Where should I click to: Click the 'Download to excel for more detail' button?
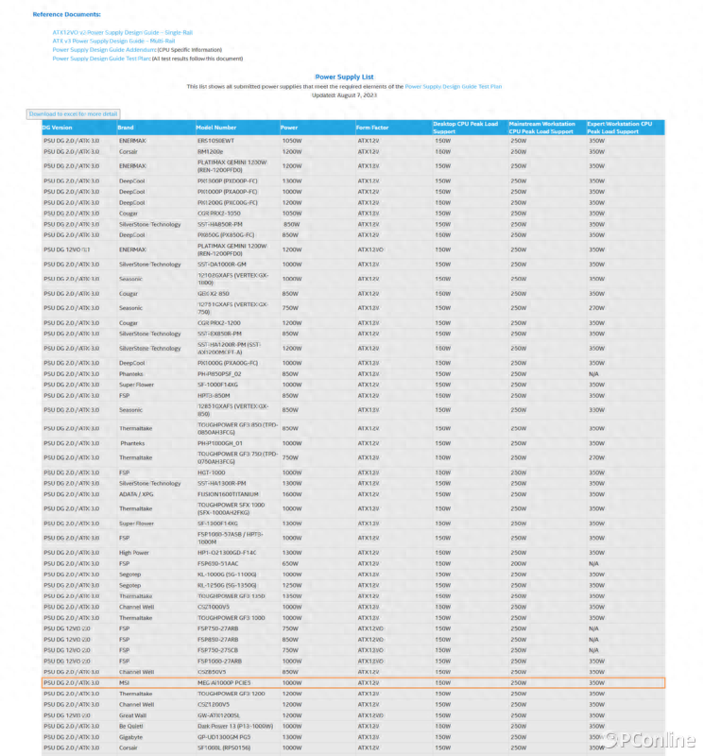73,113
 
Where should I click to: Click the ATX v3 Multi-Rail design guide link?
113,41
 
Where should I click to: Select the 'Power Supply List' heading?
344,77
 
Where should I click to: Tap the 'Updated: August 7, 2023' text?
344,94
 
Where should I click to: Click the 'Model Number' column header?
216,128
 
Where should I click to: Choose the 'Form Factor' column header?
372,128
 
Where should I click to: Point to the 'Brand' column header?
126,128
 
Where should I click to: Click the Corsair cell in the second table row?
129,150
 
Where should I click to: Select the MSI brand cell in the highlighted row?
124,681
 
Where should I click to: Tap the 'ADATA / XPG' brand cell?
135,493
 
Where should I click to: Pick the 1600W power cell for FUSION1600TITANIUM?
292,493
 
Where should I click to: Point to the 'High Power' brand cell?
133,552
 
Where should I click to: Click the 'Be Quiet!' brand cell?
131,725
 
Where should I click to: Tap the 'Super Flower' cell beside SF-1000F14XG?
136,385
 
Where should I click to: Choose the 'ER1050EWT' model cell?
215,140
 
